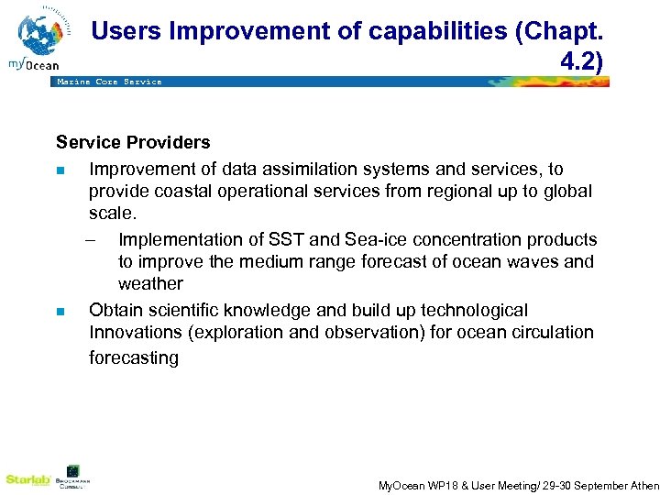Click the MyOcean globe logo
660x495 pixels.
(40, 37)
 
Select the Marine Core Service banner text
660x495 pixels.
(109, 82)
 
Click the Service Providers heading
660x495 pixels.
(133, 142)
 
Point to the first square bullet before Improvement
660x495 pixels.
(60, 170)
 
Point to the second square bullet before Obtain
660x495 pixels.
(60, 312)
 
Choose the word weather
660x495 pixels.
(150, 284)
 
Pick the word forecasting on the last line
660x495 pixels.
(134, 357)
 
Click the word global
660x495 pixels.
(568, 192)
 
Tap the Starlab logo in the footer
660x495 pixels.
(26, 479)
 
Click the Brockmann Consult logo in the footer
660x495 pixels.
(72, 477)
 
